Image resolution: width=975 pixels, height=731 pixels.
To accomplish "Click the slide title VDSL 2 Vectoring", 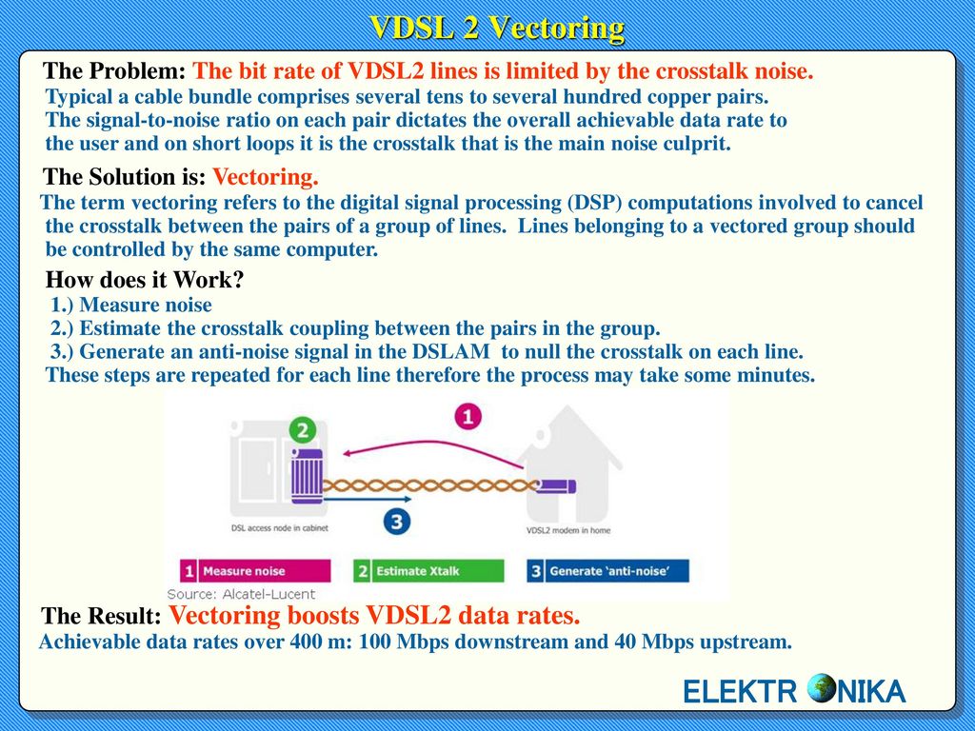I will coord(496,28).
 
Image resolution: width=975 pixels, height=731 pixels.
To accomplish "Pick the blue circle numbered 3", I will coord(398,521).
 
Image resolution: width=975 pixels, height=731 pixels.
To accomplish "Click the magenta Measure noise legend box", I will coord(256,571).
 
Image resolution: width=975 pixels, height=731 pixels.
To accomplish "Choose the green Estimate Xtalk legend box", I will coord(428,571).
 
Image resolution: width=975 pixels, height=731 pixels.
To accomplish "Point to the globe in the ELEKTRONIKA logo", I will coord(822,691).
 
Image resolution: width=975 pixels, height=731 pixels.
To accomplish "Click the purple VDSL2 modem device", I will coord(553,486).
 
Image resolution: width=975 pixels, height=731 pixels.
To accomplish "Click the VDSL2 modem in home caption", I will coord(568,530).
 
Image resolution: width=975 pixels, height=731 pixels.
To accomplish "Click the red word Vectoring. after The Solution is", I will coord(265,177).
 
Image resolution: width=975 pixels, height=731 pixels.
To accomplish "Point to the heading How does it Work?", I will coord(145,281).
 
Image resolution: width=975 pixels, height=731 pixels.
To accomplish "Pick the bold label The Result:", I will coord(102,616).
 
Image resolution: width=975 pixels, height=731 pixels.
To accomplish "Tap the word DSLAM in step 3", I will coord(462,351).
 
